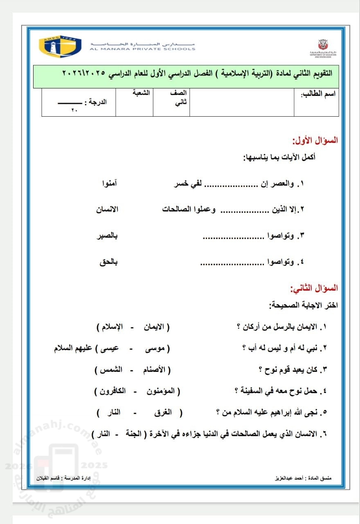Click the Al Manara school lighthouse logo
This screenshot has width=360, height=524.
[x=60, y=46]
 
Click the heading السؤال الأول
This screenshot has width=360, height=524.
[x=315, y=140]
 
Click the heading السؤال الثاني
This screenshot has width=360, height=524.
[x=314, y=288]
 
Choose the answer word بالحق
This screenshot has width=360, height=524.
[x=108, y=262]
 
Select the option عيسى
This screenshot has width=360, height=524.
[x=110, y=348]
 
